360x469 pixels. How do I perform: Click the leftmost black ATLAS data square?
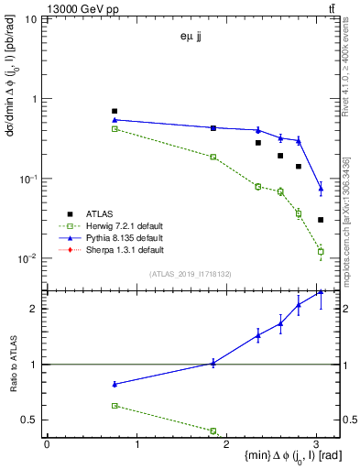pos(115,111)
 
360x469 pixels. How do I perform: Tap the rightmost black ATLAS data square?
pos(321,220)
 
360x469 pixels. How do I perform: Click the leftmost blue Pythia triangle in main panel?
pos(115,119)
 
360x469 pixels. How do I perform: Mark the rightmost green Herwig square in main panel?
pos(321,251)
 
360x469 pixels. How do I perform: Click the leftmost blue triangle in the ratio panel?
pos(115,384)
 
